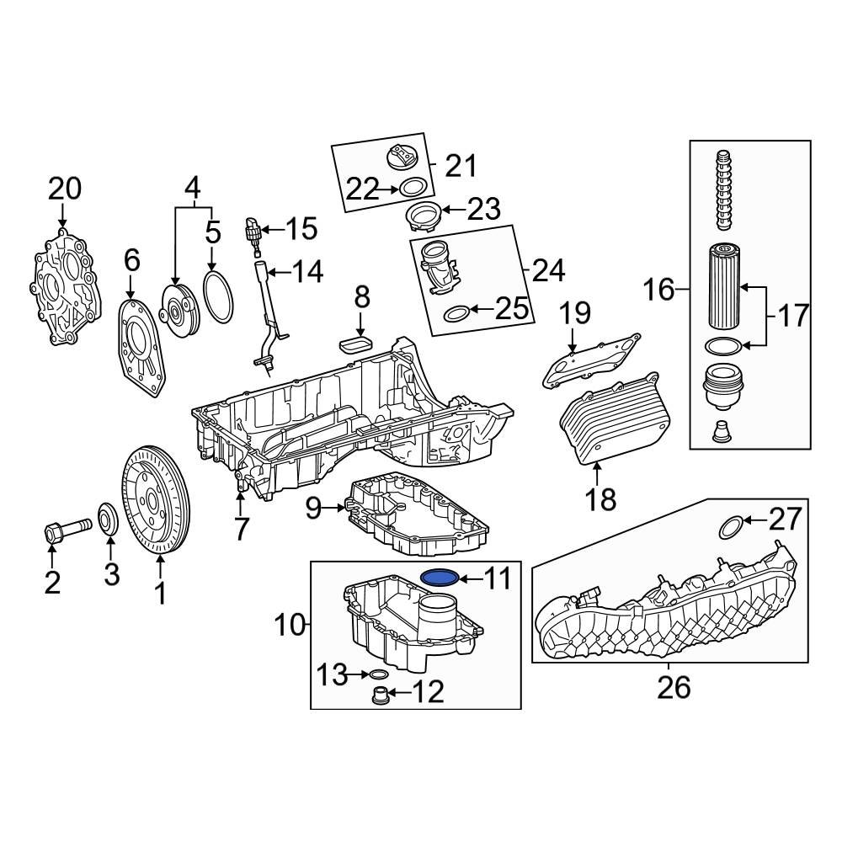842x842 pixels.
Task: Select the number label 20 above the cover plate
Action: (64, 189)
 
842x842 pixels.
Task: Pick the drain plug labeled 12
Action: (381, 695)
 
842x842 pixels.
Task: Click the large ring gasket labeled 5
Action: (219, 296)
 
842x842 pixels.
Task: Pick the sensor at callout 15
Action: (251, 232)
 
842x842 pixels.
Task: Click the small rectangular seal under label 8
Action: (357, 344)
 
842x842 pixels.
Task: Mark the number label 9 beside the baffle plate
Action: (313, 508)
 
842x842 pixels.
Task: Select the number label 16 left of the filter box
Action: (660, 291)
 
